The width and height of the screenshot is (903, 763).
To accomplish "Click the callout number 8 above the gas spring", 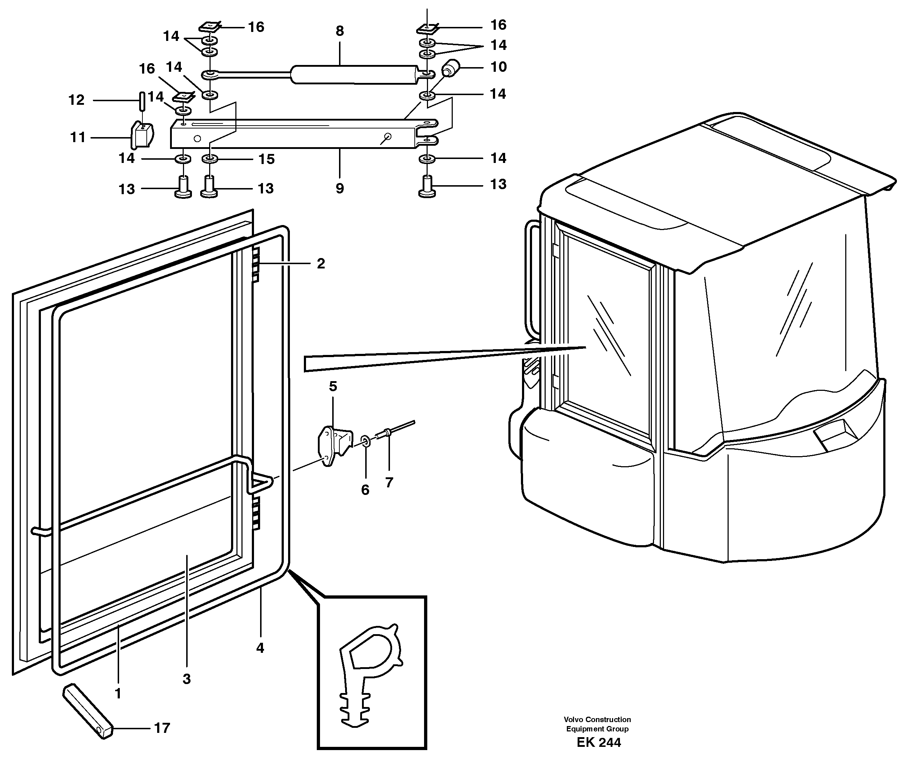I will coord(339,31).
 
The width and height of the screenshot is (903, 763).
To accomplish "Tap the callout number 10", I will coord(498,67).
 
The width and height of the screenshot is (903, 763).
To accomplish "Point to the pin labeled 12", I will coord(141,101).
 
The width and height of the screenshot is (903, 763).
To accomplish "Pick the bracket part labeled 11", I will coord(141,135).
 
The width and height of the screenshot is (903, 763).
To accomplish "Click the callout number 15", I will coord(266,159).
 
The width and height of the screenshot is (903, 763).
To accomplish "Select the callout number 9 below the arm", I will coord(339,188).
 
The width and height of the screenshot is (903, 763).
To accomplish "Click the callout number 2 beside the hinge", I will coord(320,263).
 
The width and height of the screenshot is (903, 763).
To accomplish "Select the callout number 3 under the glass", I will coord(186,679).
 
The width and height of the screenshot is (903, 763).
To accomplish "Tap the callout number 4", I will coord(260,647).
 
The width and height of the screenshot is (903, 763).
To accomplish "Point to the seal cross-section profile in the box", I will coord(367,675).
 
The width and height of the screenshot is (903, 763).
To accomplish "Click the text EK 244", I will coord(598,742).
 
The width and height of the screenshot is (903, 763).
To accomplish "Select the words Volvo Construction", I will coord(597,719).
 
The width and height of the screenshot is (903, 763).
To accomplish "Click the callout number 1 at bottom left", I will coord(118,693).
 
